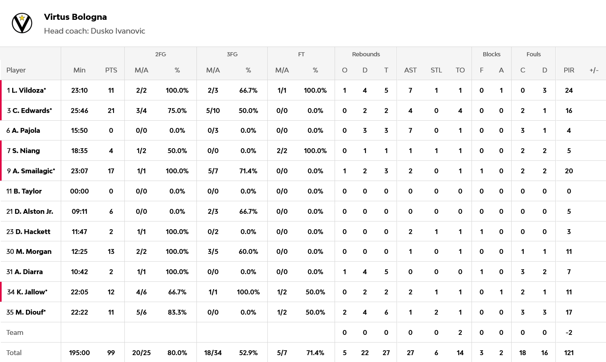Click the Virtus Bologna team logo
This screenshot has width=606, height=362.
[x=22, y=23]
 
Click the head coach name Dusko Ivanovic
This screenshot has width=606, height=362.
[x=117, y=31]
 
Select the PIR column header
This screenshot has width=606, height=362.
[x=569, y=70]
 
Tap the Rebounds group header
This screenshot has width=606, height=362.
[x=366, y=54]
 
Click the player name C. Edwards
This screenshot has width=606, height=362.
[x=32, y=111]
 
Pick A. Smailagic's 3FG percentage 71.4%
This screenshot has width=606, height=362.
[x=248, y=171]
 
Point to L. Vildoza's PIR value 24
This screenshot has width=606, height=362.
[x=569, y=90]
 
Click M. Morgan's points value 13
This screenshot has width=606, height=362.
[x=111, y=251]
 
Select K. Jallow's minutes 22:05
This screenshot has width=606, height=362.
[x=79, y=292]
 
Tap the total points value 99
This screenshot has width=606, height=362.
[x=111, y=353]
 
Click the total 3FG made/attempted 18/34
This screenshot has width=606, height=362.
[x=213, y=353]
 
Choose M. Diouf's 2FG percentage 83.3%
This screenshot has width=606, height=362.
[x=177, y=312]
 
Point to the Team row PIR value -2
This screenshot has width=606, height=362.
[x=569, y=332]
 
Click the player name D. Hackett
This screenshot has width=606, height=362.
[x=33, y=232]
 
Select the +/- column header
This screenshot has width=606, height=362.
[x=594, y=70]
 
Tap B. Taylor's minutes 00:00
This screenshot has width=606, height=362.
[x=79, y=191]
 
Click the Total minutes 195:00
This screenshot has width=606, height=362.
[x=79, y=353]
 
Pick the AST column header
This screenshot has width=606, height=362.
[x=410, y=70]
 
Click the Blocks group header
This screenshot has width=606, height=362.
[x=491, y=54]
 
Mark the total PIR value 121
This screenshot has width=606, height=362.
[x=569, y=353]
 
